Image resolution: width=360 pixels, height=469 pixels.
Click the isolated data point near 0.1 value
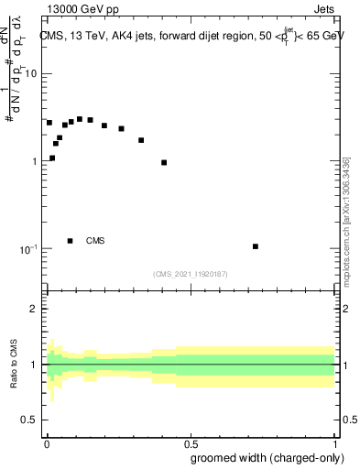[256, 246]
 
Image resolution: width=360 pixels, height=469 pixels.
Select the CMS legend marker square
[71, 241]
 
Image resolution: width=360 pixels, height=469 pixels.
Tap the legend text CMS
[95, 241]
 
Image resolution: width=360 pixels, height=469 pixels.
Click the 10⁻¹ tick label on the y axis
[27, 249]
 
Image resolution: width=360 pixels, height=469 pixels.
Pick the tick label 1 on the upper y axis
[33, 161]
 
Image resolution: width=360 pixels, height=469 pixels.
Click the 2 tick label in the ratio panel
[33, 309]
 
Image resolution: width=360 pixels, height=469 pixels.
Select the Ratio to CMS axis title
[14, 365]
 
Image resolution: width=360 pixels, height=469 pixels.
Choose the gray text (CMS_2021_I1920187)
[191, 274]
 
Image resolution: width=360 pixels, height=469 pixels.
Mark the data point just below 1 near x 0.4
[164, 163]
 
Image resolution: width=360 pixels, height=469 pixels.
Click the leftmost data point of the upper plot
[49, 123]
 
